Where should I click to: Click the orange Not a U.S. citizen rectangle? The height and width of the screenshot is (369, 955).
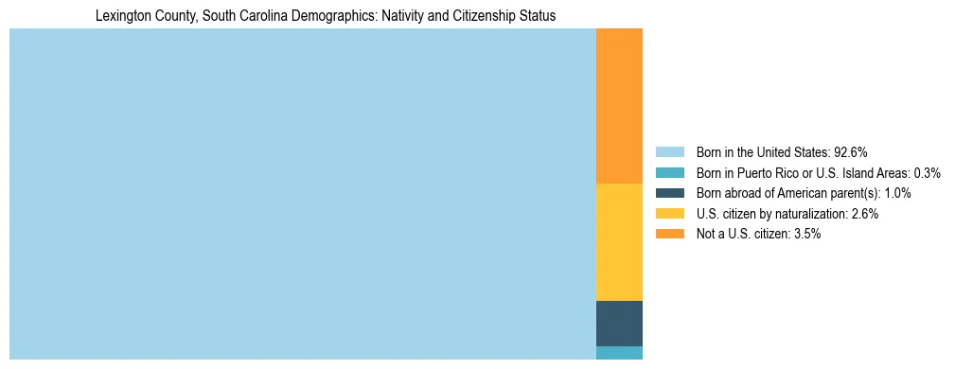[x=619, y=106]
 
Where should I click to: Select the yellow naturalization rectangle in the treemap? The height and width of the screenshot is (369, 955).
[x=619, y=242]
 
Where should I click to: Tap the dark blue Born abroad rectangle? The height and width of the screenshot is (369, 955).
[x=619, y=324]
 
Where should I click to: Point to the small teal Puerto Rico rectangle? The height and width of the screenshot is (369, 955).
[x=619, y=353]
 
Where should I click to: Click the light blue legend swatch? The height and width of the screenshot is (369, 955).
[x=669, y=151]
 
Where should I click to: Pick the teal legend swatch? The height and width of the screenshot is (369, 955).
[x=669, y=172]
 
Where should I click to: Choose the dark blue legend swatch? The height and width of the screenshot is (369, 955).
[x=669, y=193]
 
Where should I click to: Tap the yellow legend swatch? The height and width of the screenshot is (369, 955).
[x=669, y=214]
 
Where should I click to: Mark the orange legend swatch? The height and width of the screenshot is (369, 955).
[x=669, y=234]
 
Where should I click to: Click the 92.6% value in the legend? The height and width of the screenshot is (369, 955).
[x=851, y=151]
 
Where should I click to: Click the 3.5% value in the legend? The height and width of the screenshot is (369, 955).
[x=807, y=234]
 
